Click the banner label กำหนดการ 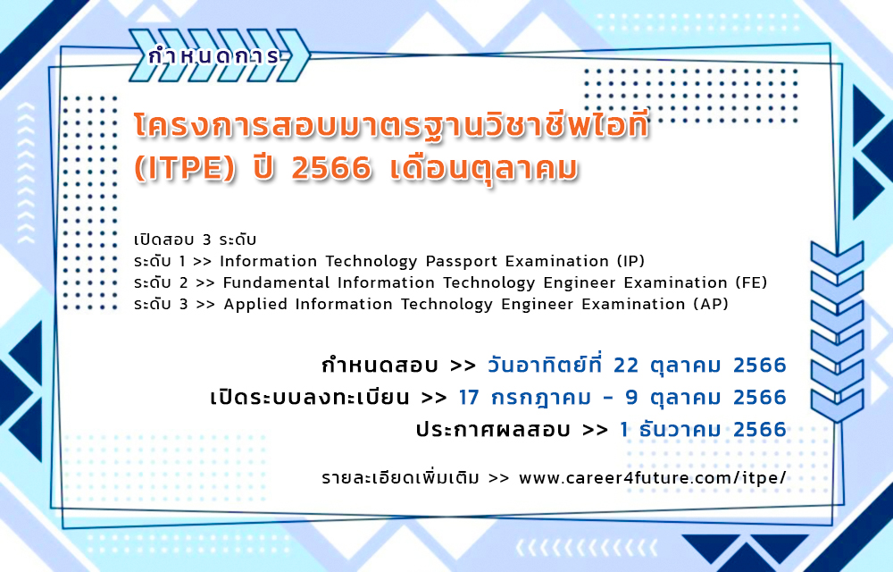pyautogui.click(x=214, y=55)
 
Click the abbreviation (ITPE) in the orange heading pyautogui.click(x=185, y=169)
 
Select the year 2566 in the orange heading pyautogui.click(x=331, y=169)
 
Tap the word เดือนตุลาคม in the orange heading pyautogui.click(x=484, y=170)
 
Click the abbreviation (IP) pyautogui.click(x=631, y=262)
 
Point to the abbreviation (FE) pyautogui.click(x=751, y=283)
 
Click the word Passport pyautogui.click(x=462, y=262)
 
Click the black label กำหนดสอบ pyautogui.click(x=380, y=366)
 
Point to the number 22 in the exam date pyautogui.click(x=627, y=366)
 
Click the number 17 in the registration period pyautogui.click(x=470, y=397)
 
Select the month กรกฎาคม pyautogui.click(x=541, y=398)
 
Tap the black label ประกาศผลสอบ pyautogui.click(x=493, y=429)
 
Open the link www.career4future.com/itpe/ pyautogui.click(x=653, y=477)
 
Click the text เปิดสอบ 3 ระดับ pyautogui.click(x=196, y=240)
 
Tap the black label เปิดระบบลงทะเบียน pyautogui.click(x=310, y=397)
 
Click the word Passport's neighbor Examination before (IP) pyautogui.click(x=557, y=262)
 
